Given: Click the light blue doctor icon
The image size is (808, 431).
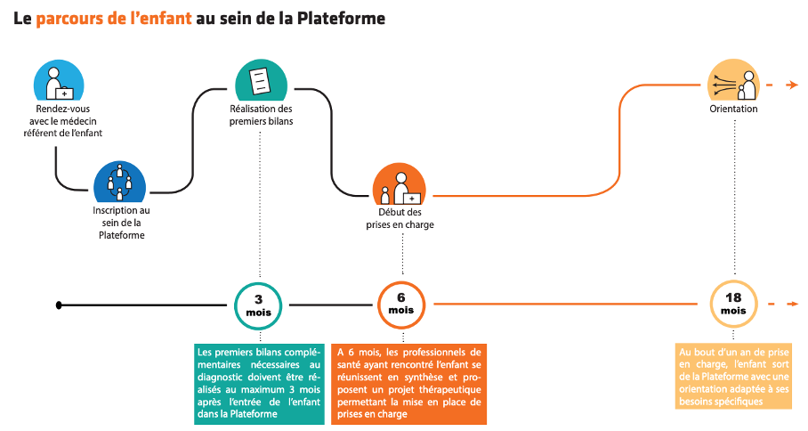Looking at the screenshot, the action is (x=59, y=80).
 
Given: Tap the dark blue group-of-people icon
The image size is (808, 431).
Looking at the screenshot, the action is (x=119, y=182).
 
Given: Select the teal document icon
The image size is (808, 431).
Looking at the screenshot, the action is (x=261, y=80).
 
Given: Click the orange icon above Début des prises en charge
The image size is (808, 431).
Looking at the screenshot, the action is (x=400, y=184).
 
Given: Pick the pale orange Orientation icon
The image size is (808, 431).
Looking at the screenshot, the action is (x=733, y=79).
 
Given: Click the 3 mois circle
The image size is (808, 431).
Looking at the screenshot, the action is (x=258, y=305).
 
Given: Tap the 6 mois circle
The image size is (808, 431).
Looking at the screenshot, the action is (x=401, y=305).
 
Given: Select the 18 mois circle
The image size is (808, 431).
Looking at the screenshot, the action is (x=733, y=305).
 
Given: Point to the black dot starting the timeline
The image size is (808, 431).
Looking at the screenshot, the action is (x=59, y=305).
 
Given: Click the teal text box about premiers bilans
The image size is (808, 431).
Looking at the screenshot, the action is (x=259, y=384).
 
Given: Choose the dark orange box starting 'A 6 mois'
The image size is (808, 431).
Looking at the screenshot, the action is (x=408, y=384).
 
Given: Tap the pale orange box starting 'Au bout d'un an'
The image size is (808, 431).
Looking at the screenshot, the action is (x=733, y=377).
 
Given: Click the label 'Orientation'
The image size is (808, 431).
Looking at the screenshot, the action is (x=733, y=109).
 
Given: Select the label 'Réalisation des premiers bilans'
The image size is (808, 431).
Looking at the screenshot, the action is (x=262, y=115).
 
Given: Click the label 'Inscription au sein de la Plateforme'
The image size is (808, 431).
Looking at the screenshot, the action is (x=122, y=223).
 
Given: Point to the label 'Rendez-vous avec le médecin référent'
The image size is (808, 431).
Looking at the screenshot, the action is (x=63, y=120).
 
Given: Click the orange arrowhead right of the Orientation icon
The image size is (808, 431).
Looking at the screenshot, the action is (x=793, y=85).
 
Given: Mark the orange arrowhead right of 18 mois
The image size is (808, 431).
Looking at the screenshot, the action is (x=793, y=305).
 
